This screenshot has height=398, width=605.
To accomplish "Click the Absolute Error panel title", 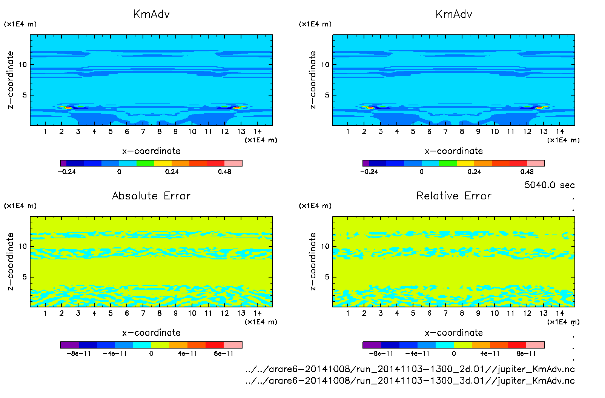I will [151, 196].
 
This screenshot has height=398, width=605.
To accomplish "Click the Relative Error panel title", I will [454, 196].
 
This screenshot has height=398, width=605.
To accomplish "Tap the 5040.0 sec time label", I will [549, 185].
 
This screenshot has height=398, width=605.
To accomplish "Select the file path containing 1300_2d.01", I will [410, 369].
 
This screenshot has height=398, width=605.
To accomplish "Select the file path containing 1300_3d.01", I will [410, 381].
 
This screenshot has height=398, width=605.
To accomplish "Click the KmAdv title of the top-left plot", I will [151, 14].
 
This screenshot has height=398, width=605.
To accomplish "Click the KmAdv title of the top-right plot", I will [454, 14].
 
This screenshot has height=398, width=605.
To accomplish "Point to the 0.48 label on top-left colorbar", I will [224, 172].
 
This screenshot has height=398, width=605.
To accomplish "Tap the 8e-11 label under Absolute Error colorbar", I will [224, 354].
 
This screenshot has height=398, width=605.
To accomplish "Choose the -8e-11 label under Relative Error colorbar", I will [381, 354].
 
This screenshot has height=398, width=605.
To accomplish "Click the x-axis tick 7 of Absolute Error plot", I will [143, 313].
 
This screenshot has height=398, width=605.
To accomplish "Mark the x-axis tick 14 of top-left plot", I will [257, 132].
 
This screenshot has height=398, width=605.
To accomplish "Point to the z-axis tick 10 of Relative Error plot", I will [325, 247].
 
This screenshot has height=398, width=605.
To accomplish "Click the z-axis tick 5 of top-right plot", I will [327, 95].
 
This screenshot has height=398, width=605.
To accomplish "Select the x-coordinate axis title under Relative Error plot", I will [454, 333].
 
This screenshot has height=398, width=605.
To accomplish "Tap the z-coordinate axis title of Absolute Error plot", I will [11, 261].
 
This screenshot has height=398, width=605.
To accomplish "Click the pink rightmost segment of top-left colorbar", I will [233, 163].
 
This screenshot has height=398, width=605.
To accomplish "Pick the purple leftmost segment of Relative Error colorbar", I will [372, 345].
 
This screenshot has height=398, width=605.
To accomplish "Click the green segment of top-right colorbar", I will [448, 163].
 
